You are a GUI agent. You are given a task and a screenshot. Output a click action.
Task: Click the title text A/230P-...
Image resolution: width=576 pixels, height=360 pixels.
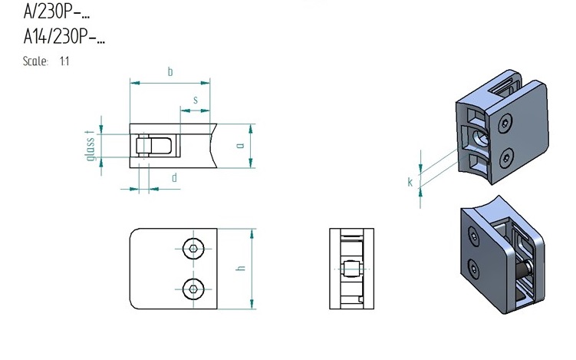(x=56, y=12)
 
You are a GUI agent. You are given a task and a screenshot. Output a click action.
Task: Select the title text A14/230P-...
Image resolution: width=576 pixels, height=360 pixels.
(x=64, y=36)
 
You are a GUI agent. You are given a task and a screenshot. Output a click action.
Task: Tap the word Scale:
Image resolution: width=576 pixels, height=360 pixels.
(x=35, y=61)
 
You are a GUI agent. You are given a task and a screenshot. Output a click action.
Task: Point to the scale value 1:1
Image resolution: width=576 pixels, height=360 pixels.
(x=64, y=61)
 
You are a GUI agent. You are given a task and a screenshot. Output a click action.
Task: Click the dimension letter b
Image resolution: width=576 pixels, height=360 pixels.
(x=170, y=71)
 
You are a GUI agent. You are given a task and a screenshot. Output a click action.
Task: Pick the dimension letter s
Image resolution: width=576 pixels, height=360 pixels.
(x=196, y=100)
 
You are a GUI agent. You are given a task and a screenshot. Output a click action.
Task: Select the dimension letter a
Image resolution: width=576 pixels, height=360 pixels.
(x=241, y=146)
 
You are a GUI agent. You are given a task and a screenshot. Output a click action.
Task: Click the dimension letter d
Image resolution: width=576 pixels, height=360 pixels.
(x=175, y=178)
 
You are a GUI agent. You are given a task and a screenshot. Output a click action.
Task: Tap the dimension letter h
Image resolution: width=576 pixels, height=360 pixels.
(x=241, y=268)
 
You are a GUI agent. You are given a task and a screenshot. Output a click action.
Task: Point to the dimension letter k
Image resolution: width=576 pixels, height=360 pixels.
(x=410, y=182)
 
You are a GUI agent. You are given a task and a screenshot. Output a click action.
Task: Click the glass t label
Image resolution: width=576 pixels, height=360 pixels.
(x=90, y=146)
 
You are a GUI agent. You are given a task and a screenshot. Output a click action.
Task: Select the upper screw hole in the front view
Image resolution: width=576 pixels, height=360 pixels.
(x=193, y=249)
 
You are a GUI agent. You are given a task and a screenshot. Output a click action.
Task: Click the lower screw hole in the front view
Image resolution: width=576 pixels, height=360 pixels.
(x=193, y=289)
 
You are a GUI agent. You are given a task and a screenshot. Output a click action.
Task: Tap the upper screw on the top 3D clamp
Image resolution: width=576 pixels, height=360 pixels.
(x=505, y=123)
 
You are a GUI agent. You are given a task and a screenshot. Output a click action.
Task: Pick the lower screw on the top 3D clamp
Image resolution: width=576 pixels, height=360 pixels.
(x=506, y=158)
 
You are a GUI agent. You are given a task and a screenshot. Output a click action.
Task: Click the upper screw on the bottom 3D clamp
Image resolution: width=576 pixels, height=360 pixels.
(x=473, y=236)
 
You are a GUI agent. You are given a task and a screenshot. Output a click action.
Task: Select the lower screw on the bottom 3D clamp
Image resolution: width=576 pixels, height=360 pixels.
(x=474, y=269)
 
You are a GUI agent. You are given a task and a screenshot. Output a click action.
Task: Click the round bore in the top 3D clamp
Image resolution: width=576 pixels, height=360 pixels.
(x=480, y=138)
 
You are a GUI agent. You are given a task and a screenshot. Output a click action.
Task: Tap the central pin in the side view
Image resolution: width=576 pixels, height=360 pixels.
(x=351, y=269)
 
